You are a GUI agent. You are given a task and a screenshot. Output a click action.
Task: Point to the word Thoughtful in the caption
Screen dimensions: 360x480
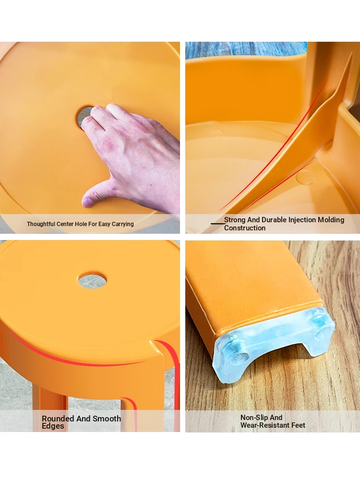[x=41, y=224]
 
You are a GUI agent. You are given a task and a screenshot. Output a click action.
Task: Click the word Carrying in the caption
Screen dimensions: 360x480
[x=122, y=224]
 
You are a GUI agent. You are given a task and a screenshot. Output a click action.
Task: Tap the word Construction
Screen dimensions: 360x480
[x=245, y=228]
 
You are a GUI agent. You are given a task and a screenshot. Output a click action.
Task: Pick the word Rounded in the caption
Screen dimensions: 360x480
[x=58, y=419]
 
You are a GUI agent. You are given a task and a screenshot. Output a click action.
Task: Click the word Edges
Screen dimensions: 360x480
[x=53, y=426]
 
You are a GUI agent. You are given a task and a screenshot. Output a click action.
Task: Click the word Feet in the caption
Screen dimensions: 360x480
[x=298, y=425]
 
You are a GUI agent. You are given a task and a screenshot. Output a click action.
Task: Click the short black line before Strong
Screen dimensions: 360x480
[x=217, y=224]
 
